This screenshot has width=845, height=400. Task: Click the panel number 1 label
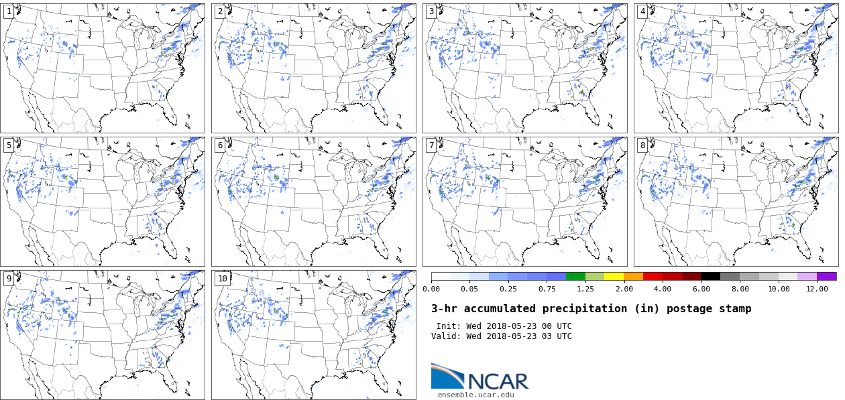coord(9,11)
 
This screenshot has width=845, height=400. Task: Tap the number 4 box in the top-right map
coord(642,11)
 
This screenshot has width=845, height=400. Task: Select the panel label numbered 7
coord(431,145)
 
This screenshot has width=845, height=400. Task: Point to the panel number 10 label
coord(222,279)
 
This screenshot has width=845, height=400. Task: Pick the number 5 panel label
coord(9,145)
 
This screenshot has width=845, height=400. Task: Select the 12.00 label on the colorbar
coord(817,289)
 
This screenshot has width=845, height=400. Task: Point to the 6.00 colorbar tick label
coord(701,289)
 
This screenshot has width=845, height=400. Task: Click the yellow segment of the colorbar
coord(614,276)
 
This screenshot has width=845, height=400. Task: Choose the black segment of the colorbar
coord(710,276)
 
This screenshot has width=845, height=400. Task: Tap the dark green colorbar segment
coord(575,276)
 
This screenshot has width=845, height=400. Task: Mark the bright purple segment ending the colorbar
coord(826,276)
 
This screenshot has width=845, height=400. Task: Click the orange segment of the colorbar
coord(633,276)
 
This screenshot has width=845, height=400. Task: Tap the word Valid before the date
coord(445,336)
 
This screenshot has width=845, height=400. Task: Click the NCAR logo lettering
coord(498,381)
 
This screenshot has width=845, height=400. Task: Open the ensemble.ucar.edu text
coord(476,395)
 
